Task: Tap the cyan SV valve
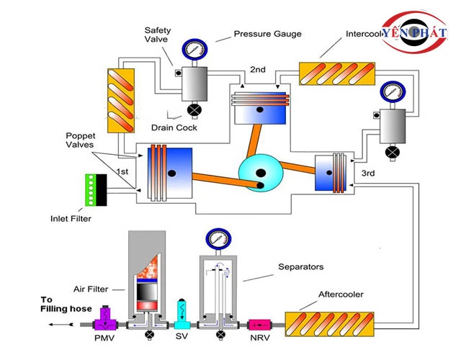(182, 312)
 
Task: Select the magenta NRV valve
(259, 325)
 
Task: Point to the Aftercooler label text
(341, 295)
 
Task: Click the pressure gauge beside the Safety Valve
(193, 49)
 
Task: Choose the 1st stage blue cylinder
(170, 173)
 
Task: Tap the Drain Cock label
(174, 128)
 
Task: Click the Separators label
(301, 267)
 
